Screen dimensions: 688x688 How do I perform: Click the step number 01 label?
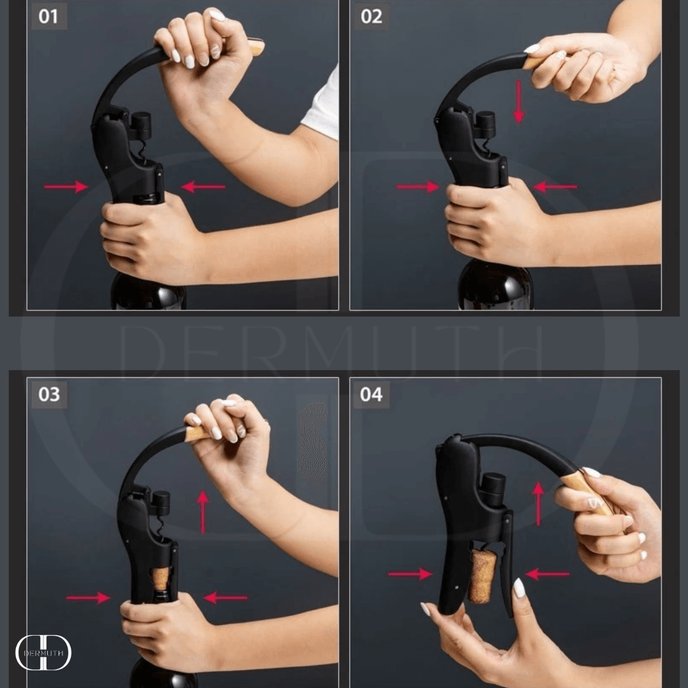pos(48,17)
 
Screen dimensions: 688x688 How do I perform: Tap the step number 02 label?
pos(371,17)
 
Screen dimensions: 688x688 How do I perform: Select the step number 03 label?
pos(48,394)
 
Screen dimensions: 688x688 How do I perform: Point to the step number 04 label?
pos(371,394)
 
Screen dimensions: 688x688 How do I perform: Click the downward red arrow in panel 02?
pos(519,102)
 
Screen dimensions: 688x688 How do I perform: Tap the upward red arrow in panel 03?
pos(203,512)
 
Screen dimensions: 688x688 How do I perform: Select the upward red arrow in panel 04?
pos(538,503)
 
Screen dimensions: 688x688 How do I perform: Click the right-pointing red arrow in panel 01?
pos(66,187)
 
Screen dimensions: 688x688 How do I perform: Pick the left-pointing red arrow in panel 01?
pos(203,187)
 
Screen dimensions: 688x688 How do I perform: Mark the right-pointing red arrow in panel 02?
pos(418,187)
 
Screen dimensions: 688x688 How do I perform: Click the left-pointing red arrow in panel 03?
pos(226,597)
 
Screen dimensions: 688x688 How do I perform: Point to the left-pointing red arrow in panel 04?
pos(548,573)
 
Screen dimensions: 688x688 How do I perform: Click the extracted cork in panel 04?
pos(482,575)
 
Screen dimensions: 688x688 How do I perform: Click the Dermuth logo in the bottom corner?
pos(43,652)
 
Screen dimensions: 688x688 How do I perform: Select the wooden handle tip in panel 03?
pos(197,434)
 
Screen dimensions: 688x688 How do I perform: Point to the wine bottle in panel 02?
pos(496,285)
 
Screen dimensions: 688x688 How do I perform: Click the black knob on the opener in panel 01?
pos(141,125)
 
